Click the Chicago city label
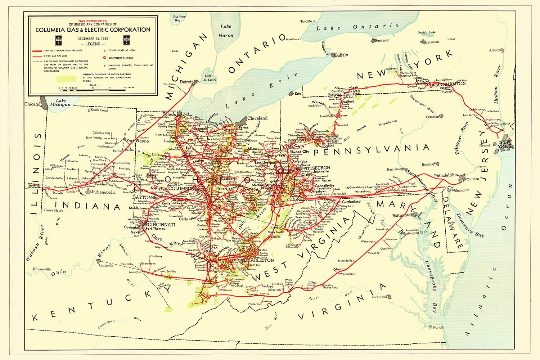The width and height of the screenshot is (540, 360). [x=32, y=104]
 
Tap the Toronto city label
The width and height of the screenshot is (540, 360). [x=306, y=21]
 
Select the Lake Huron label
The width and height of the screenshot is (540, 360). [x=226, y=31]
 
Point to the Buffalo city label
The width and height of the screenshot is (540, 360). [x=341, y=55]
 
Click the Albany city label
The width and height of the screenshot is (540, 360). [x=495, y=50]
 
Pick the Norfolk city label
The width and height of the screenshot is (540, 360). [x=438, y=327]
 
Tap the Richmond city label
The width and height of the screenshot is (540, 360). [x=379, y=297]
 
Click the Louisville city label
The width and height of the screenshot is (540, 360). [x=106, y=265]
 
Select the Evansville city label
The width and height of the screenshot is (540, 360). [x=43, y=269]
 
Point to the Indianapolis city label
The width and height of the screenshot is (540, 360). [x=103, y=192]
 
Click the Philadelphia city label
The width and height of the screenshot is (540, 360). [x=446, y=175]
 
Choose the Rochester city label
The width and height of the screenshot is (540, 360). [x=382, y=40]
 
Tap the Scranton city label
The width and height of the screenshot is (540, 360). [x=432, y=117]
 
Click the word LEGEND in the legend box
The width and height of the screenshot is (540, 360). [x=93, y=44]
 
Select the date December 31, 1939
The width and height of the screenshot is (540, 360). [x=93, y=39]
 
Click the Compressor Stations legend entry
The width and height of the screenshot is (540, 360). [x=121, y=58]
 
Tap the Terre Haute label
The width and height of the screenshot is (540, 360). [x=54, y=210]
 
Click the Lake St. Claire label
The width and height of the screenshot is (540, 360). [x=210, y=78]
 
